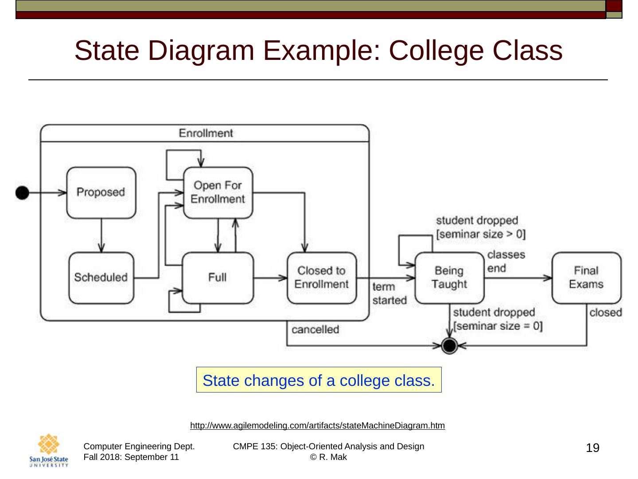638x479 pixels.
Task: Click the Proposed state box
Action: coord(101,192)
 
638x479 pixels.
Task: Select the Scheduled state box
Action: coord(101,278)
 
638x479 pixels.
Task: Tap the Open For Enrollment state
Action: coord(218,192)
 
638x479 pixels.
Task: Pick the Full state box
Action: coord(218,278)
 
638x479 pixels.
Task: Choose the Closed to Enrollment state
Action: coord(322,278)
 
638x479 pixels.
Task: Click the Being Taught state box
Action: coord(449,278)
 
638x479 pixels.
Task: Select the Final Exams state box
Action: coord(586,278)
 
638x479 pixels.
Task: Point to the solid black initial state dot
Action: coord(22,192)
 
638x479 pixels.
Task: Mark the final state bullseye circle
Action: coord(450,345)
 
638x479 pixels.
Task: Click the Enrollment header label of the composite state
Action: coord(206,133)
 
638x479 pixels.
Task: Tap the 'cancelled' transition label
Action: coord(315,330)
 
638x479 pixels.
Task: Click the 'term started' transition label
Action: coord(389,294)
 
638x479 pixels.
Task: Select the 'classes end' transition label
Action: coord(506,261)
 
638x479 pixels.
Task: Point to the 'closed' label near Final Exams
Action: coord(605,313)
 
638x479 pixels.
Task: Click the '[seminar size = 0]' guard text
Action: coord(498,326)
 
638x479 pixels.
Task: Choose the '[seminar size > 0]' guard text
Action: coord(481,234)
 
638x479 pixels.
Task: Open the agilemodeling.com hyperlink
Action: coord(317,425)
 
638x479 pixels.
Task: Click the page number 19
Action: coord(592,448)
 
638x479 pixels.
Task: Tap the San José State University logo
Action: coord(49,451)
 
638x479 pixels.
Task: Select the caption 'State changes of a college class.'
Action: coord(319,380)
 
